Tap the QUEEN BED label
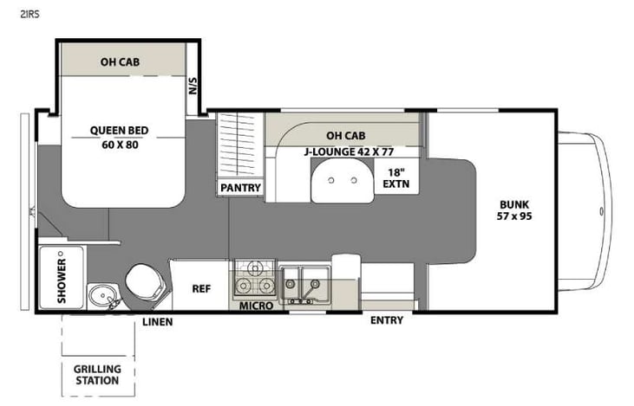pyautogui.click(x=120, y=132)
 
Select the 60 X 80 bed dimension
pyautogui.click(x=120, y=145)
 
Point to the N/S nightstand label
pyautogui.click(x=192, y=87)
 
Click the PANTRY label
pyautogui.click(x=239, y=188)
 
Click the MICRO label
pyautogui.click(x=256, y=306)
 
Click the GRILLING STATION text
pyautogui.click(x=97, y=375)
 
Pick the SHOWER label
pyautogui.click(x=62, y=280)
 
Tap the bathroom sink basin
pyautogui.click(x=104, y=297)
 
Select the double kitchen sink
pyautogui.click(x=304, y=280)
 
